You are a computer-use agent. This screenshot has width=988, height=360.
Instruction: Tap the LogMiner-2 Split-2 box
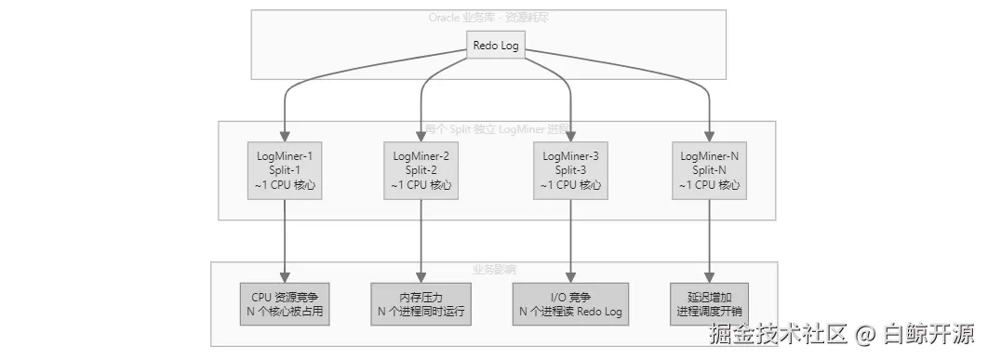[421, 171]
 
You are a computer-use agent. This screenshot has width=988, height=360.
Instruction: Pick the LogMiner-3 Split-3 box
[571, 171]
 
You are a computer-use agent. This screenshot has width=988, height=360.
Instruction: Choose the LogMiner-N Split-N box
[710, 171]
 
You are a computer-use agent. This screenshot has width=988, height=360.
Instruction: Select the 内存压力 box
[421, 303]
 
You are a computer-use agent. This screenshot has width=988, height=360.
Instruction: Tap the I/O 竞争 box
[571, 303]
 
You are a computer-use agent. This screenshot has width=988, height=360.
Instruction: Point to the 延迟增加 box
[710, 303]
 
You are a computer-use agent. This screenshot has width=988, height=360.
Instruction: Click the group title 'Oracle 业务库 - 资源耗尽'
[494, 17]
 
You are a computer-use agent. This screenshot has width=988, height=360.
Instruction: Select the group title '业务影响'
[494, 269]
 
